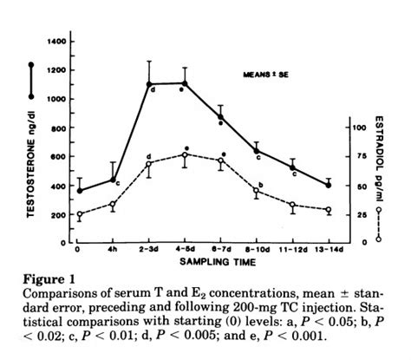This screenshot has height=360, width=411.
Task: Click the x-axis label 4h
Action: (114, 249)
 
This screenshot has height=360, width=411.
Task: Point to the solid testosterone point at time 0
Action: (79, 191)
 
